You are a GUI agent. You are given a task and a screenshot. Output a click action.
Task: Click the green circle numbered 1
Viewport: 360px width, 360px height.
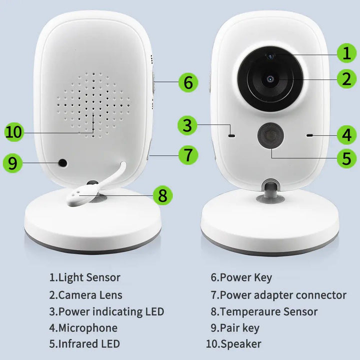(x=346, y=52)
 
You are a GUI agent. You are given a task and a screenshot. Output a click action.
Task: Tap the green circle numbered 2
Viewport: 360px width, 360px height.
(x=346, y=78)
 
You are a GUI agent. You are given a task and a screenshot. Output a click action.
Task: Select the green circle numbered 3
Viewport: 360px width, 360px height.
(x=187, y=125)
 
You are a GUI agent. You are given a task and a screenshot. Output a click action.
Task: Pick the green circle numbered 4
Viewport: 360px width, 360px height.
(x=346, y=134)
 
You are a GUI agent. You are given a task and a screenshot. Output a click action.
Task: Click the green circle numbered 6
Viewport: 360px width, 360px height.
(x=188, y=82)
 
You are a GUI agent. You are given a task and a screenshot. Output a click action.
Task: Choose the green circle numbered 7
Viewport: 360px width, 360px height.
(x=188, y=154)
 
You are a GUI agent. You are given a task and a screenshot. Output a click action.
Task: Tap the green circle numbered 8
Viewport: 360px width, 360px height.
(x=162, y=195)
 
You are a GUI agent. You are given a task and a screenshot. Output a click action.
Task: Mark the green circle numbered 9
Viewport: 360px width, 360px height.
(x=13, y=163)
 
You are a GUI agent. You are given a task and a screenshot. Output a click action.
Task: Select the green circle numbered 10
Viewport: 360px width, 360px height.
(x=14, y=132)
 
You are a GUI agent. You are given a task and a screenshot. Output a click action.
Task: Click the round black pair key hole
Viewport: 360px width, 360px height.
(x=63, y=162)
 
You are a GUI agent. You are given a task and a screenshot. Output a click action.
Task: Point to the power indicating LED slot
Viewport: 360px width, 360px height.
(x=231, y=134)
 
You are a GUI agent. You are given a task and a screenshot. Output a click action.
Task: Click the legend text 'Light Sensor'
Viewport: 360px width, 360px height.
(x=89, y=277)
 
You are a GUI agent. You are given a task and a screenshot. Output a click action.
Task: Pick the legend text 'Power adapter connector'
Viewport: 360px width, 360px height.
(x=283, y=295)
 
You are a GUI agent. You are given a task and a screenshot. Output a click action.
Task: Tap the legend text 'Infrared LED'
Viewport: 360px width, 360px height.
(x=89, y=344)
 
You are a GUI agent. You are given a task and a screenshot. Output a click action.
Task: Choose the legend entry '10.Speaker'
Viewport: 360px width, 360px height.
(x=233, y=344)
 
